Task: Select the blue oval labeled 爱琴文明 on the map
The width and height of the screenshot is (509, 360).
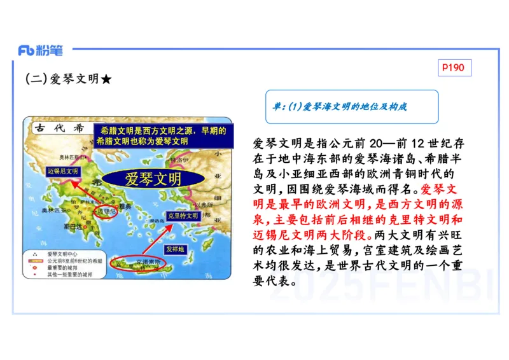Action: tap(148, 178)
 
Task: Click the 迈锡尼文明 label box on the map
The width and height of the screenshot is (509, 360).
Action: tap(63, 172)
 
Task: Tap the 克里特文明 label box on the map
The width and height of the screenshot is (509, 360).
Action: tap(183, 216)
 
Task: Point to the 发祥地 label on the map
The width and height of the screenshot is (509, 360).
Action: tap(176, 249)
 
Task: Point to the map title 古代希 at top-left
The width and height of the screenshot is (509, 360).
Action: tap(60, 128)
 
